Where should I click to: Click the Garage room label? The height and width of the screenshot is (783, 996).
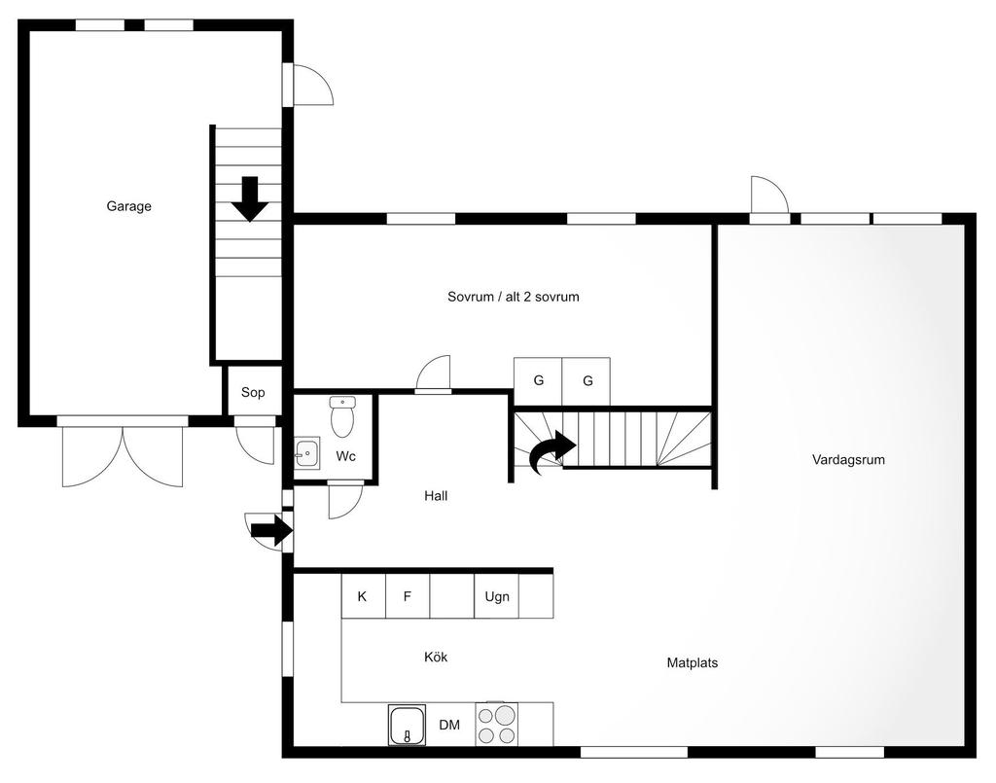pyautogui.click(x=129, y=206)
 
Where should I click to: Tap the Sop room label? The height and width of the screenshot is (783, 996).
pyautogui.click(x=253, y=392)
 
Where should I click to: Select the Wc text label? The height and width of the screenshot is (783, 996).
pyautogui.click(x=345, y=456)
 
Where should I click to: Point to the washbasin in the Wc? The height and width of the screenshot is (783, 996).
pyautogui.click(x=306, y=453)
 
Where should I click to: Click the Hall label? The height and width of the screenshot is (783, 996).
pyautogui.click(x=436, y=496)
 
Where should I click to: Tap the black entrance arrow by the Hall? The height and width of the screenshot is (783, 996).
pyautogui.click(x=272, y=530)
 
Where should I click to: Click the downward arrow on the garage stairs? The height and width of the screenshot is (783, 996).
pyautogui.click(x=250, y=199)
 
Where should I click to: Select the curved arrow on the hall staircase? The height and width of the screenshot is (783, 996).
pyautogui.click(x=552, y=450)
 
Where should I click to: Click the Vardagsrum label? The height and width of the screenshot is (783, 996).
pyautogui.click(x=848, y=459)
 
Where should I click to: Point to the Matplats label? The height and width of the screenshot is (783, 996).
pyautogui.click(x=693, y=663)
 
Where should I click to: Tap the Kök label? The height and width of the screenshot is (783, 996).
pyautogui.click(x=436, y=657)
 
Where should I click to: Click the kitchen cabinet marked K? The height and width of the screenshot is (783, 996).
pyautogui.click(x=364, y=595)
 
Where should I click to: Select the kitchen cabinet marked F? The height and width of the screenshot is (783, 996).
pyautogui.click(x=408, y=595)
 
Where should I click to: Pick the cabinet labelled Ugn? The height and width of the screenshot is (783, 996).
pyautogui.click(x=497, y=595)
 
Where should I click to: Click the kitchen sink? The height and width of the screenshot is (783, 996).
pyautogui.click(x=408, y=725)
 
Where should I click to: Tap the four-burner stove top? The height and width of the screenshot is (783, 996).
pyautogui.click(x=497, y=724)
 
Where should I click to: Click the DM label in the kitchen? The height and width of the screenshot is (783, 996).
pyautogui.click(x=449, y=725)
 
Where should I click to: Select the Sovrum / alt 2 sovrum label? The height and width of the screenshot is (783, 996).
pyautogui.click(x=514, y=297)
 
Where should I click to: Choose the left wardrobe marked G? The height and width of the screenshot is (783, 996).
pyautogui.click(x=538, y=381)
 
